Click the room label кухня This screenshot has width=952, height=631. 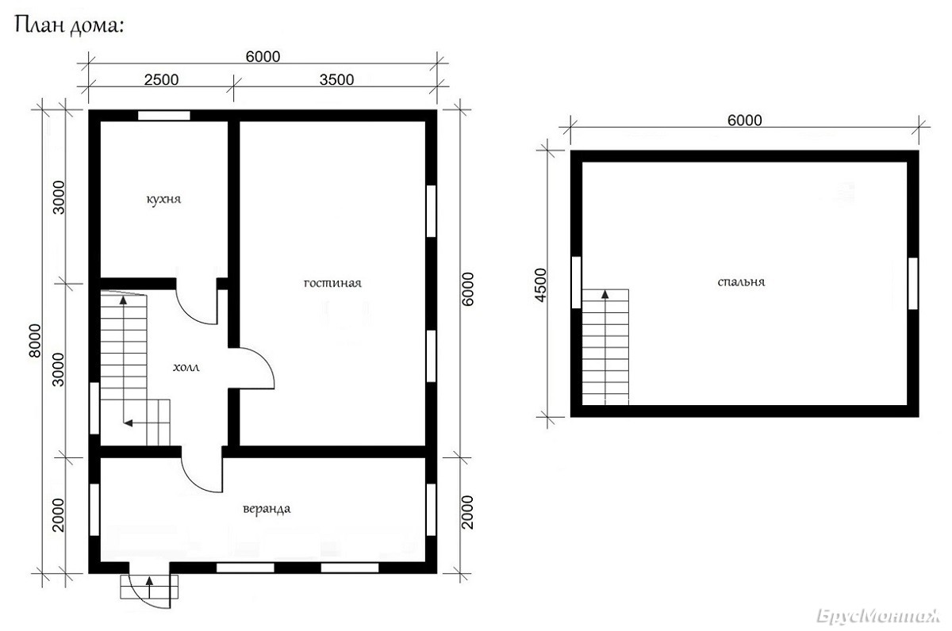(x=163, y=200)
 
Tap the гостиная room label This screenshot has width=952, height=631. (x=332, y=283)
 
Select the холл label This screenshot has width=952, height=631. (x=186, y=367)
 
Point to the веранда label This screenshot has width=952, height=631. (x=267, y=509)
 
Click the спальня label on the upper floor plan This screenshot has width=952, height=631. (x=741, y=282)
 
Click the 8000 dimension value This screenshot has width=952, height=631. (x=35, y=341)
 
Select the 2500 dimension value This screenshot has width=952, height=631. (x=162, y=80)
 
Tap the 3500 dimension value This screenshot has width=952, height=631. (x=336, y=80)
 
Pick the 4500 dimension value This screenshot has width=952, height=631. (x=540, y=285)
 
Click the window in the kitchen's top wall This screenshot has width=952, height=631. (x=164, y=116)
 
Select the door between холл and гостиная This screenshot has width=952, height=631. (x=255, y=368)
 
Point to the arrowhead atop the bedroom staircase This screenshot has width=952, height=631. (x=605, y=294)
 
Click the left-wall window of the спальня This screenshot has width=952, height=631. (x=576, y=282)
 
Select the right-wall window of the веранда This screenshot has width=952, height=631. (x=431, y=510)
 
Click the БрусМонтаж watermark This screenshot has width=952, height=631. (x=878, y=617)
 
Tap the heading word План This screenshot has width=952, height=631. (x=39, y=25)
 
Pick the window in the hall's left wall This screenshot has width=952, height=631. (x=94, y=408)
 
